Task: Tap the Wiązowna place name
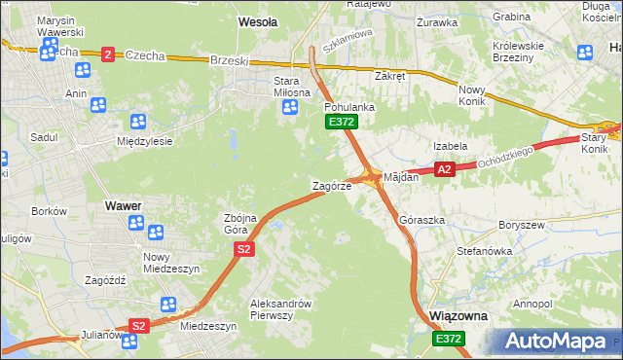point(458,316)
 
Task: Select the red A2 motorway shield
point(444,169)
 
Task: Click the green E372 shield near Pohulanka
point(341,122)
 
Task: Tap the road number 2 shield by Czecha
point(107,54)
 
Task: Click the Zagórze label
point(331,185)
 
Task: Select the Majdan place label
point(401,178)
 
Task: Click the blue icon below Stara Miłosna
point(289,108)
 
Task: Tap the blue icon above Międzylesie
point(137,122)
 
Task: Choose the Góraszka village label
point(421,220)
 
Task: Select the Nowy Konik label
point(478,95)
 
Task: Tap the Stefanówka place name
point(484,250)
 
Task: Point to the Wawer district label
point(123,206)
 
